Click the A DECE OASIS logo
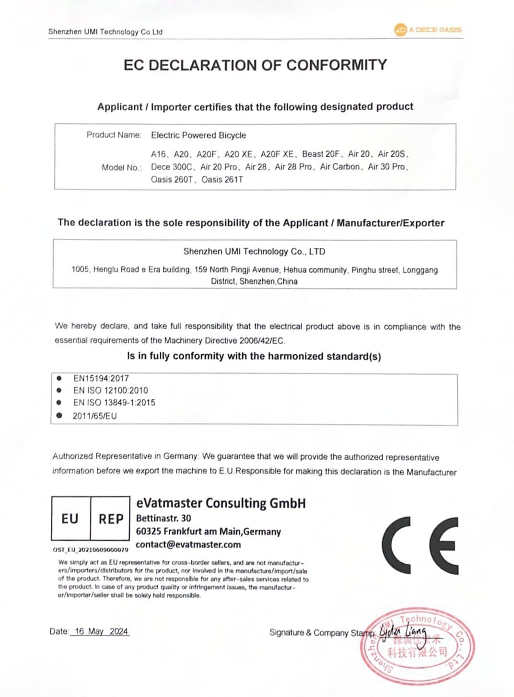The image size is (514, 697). pyautogui.click(x=428, y=30)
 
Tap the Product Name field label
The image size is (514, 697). pyautogui.click(x=114, y=135)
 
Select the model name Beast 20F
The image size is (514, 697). pyautogui.click(x=321, y=154)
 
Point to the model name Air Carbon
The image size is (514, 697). pyautogui.click(x=340, y=167)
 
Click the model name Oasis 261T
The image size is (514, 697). pyautogui.click(x=222, y=180)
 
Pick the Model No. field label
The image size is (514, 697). pyautogui.click(x=121, y=167)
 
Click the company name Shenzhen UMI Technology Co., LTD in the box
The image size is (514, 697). pyautogui.click(x=254, y=251)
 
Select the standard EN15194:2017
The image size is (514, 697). pyautogui.click(x=101, y=378)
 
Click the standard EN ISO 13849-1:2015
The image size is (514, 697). pyautogui.click(x=114, y=403)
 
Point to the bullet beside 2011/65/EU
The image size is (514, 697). pyautogui.click(x=59, y=416)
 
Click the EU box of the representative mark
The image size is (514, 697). pyautogui.click(x=70, y=519)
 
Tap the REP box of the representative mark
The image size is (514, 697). pyautogui.click(x=111, y=519)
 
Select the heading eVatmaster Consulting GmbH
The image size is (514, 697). pyautogui.click(x=221, y=503)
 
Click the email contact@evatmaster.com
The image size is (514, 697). pyautogui.click(x=188, y=545)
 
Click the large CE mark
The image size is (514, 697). pyautogui.click(x=420, y=546)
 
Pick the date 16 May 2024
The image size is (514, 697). pyautogui.click(x=101, y=631)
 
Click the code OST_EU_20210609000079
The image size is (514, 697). pyautogui.click(x=90, y=549)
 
